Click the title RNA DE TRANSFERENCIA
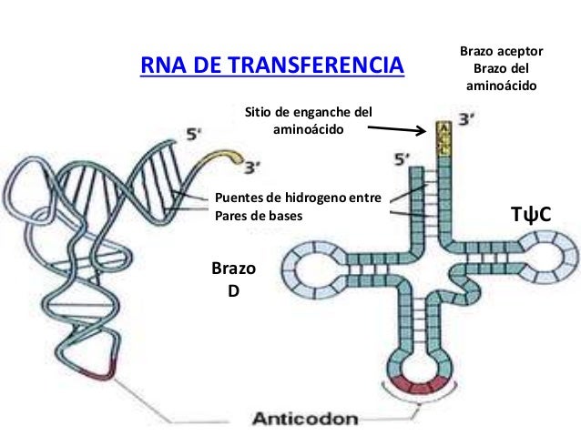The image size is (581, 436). click(x=272, y=66)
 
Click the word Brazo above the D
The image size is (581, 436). click(x=232, y=271)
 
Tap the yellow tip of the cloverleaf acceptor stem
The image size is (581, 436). click(x=444, y=137)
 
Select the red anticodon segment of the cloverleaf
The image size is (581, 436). click(x=423, y=381)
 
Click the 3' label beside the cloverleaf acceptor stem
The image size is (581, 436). click(x=467, y=119)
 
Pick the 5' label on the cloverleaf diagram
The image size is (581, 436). click(x=401, y=161)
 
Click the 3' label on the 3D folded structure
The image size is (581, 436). click(x=257, y=166)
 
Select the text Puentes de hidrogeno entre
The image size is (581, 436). click(x=297, y=198)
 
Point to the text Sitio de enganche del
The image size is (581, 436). click(x=310, y=113)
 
